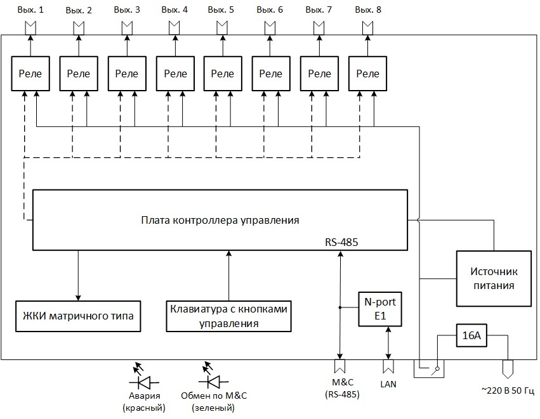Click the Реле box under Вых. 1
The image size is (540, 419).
click(30, 74)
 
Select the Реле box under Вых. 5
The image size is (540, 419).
click(222, 74)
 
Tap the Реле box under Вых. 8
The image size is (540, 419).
click(367, 74)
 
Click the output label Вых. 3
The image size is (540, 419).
click(128, 10)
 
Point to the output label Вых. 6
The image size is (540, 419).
click(270, 10)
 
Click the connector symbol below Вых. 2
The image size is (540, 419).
click(79, 28)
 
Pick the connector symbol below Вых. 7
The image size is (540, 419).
click(319, 28)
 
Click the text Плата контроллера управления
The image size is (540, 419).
click(220, 221)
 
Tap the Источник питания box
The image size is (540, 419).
click(493, 278)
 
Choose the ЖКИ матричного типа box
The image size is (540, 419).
click(79, 315)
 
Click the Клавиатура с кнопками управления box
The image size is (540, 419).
click(228, 316)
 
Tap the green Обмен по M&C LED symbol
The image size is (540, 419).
click(213, 382)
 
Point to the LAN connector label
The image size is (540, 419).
click(388, 384)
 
